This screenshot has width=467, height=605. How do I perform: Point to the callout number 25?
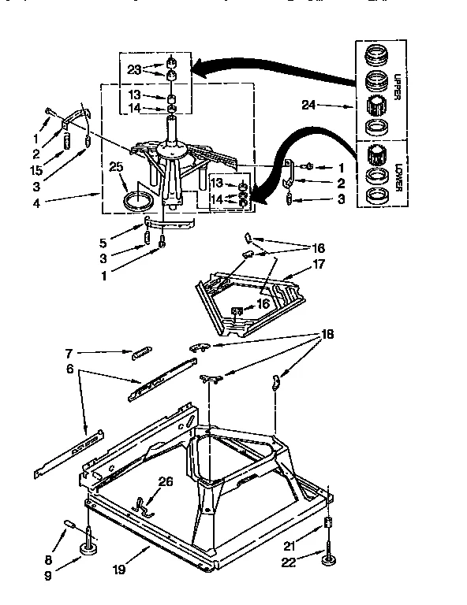pos(117,167)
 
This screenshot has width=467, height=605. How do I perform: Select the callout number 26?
pos(165,482)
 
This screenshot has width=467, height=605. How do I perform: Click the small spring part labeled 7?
pos(140,351)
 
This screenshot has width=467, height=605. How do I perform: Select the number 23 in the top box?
pos(135,69)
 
